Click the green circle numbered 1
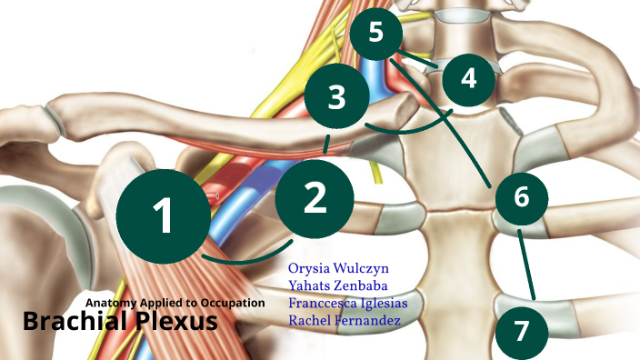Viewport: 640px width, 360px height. coord(163,215)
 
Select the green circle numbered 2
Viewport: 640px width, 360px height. coord(314,197)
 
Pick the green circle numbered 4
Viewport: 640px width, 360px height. coord(468,78)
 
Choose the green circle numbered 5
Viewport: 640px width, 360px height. coord(377,33)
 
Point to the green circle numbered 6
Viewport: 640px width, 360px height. coord(521,196)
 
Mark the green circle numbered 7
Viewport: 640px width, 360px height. coord(521,330)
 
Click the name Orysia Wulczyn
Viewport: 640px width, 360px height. coord(334,269)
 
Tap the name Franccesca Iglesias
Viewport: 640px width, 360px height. coord(347,304)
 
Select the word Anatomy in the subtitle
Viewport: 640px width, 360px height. coord(113,303)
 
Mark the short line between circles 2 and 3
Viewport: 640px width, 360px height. coord(325,143)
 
